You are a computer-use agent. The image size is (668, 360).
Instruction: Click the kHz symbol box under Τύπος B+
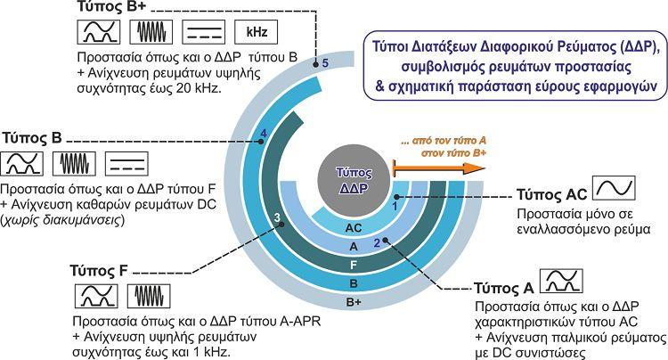[x=251, y=33]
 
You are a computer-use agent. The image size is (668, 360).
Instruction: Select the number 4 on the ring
[x=263, y=135]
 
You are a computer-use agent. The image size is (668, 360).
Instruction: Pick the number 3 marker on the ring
[x=277, y=217]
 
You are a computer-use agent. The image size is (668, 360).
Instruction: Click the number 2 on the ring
[x=377, y=242]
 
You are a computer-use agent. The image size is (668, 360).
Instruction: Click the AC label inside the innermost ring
[x=354, y=228]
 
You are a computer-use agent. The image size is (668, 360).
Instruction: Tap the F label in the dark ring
[x=354, y=265]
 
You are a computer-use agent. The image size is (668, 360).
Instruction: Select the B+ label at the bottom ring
[x=354, y=302]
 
